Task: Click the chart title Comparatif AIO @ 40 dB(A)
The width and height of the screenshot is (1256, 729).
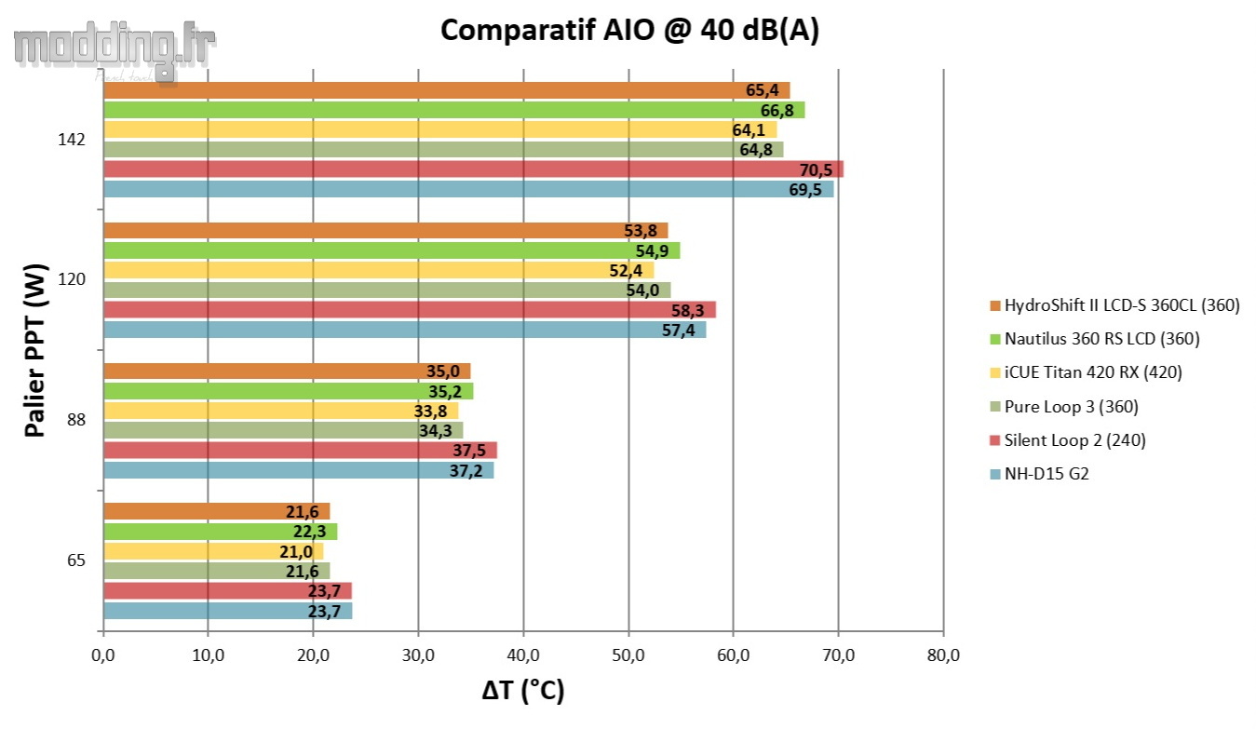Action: click(x=629, y=31)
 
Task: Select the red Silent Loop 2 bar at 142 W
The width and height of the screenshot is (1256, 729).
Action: click(x=473, y=169)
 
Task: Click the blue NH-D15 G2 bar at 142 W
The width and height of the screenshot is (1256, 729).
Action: click(x=468, y=189)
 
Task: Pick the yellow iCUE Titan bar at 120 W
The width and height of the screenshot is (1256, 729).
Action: click(x=378, y=270)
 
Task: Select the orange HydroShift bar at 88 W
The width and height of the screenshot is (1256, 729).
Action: click(x=287, y=371)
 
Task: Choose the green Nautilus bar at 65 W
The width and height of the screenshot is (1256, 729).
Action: click(x=220, y=532)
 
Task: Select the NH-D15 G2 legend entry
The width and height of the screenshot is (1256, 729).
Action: click(x=1038, y=473)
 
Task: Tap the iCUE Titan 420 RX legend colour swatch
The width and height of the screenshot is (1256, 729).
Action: click(x=994, y=373)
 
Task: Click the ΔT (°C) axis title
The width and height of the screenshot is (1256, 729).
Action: click(x=523, y=692)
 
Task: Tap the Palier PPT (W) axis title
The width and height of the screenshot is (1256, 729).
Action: click(x=35, y=350)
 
